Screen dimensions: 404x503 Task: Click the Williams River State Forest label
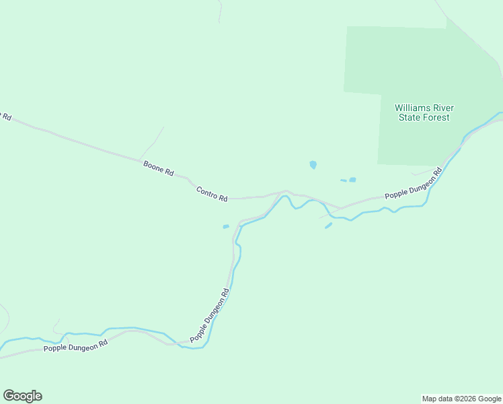click(424, 112)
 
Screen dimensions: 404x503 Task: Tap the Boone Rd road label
click(159, 168)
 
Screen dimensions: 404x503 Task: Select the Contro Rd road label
click(212, 194)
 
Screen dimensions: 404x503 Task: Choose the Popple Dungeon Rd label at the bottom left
click(75, 346)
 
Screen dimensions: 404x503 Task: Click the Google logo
click(22, 396)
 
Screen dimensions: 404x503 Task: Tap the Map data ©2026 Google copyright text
click(462, 399)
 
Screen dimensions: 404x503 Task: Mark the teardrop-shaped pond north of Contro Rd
click(313, 164)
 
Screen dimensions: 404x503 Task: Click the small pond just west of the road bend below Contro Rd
click(226, 226)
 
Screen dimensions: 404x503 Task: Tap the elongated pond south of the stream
click(328, 226)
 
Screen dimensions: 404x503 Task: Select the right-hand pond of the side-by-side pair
click(352, 180)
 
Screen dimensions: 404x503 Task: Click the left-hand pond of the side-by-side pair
click(343, 180)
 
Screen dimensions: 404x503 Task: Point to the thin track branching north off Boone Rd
click(153, 141)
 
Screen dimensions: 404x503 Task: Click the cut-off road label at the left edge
click(5, 116)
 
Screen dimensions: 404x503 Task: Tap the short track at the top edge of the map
click(220, 10)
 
